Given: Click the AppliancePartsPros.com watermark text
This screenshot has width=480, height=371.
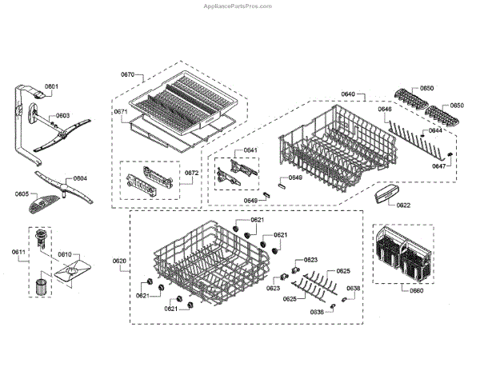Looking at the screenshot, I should tap(240, 6).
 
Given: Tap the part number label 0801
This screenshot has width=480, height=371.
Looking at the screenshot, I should tap(52, 86).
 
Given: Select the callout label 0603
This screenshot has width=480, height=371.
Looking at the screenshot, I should tap(62, 115).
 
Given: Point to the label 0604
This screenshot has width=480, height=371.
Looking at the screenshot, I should tap(80, 179).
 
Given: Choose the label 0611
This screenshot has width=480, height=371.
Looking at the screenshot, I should tap(18, 253).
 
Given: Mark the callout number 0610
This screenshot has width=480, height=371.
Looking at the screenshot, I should tap(64, 254).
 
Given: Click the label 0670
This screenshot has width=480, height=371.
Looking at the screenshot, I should tap(128, 74).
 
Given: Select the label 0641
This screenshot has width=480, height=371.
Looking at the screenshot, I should tap(250, 150).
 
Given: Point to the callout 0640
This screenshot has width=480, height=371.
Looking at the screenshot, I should tap(347, 94).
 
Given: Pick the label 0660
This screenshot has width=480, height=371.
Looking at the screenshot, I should tap(416, 290).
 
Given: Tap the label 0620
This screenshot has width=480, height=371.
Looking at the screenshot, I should tap(119, 261).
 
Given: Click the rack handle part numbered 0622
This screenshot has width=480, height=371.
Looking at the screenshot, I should tap(386, 193).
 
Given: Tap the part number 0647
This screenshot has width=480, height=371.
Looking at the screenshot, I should tap(439, 166).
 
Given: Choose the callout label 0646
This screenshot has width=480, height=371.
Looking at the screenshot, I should tap(385, 109).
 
